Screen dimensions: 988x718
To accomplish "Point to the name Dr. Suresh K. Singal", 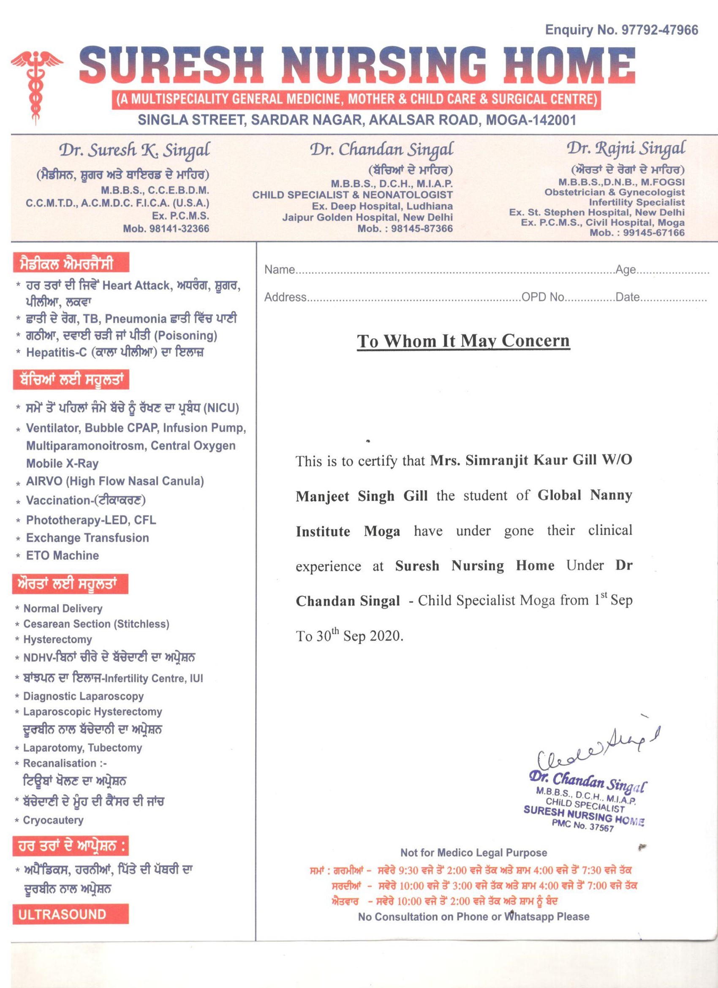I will tap(134, 151).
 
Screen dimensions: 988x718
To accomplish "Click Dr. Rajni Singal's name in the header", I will tap(625, 149).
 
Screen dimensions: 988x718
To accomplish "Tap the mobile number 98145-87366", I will tap(422, 228).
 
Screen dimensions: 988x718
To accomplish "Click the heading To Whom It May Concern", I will tap(463, 341).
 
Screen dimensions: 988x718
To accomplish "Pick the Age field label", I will tap(625, 270).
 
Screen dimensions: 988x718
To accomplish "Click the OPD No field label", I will tap(543, 297).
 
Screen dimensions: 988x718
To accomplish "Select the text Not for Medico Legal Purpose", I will tap(474, 852).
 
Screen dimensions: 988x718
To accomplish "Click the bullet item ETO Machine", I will tap(62, 555).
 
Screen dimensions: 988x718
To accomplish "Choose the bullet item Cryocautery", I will tap(53, 820).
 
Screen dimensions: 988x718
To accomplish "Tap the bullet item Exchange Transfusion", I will tap(87, 538).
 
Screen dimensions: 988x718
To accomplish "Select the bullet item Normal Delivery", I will tap(63, 609).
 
